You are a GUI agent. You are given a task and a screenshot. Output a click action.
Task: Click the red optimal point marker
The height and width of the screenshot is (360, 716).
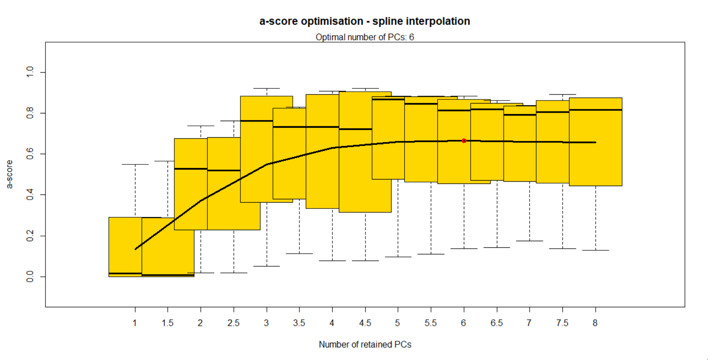464,141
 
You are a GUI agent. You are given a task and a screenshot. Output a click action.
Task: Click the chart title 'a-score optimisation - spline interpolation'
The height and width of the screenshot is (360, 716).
365,21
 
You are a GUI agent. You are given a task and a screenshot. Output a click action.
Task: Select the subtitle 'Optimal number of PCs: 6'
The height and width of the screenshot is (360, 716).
365,37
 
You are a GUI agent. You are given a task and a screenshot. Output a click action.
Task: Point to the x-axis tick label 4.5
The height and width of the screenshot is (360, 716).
365,323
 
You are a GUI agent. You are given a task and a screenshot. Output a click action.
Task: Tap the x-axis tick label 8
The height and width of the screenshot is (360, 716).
595,323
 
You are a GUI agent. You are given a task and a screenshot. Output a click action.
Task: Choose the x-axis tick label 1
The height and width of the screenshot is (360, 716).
135,323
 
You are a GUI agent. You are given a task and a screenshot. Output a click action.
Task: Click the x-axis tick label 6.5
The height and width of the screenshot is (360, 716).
496,323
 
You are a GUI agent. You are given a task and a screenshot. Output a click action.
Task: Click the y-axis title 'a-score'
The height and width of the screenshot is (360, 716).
10,174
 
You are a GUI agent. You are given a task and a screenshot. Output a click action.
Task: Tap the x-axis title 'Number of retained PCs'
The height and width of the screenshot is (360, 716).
365,345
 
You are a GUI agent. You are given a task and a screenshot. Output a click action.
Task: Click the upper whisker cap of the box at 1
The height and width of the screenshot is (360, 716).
135,164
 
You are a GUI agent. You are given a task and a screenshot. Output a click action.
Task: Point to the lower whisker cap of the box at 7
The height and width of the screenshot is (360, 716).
529,241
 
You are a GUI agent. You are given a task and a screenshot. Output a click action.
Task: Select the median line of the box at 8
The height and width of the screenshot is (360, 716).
596,110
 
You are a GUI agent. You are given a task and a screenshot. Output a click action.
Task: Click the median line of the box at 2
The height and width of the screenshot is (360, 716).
191,169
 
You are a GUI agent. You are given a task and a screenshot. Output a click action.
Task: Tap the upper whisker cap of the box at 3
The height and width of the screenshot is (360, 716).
267,88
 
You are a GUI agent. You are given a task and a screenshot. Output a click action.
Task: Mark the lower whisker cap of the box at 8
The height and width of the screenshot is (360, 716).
596,250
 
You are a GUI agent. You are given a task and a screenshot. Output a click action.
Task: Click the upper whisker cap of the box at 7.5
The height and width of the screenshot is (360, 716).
563,94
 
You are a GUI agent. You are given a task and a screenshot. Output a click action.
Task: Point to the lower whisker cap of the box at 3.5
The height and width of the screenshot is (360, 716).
299,254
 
